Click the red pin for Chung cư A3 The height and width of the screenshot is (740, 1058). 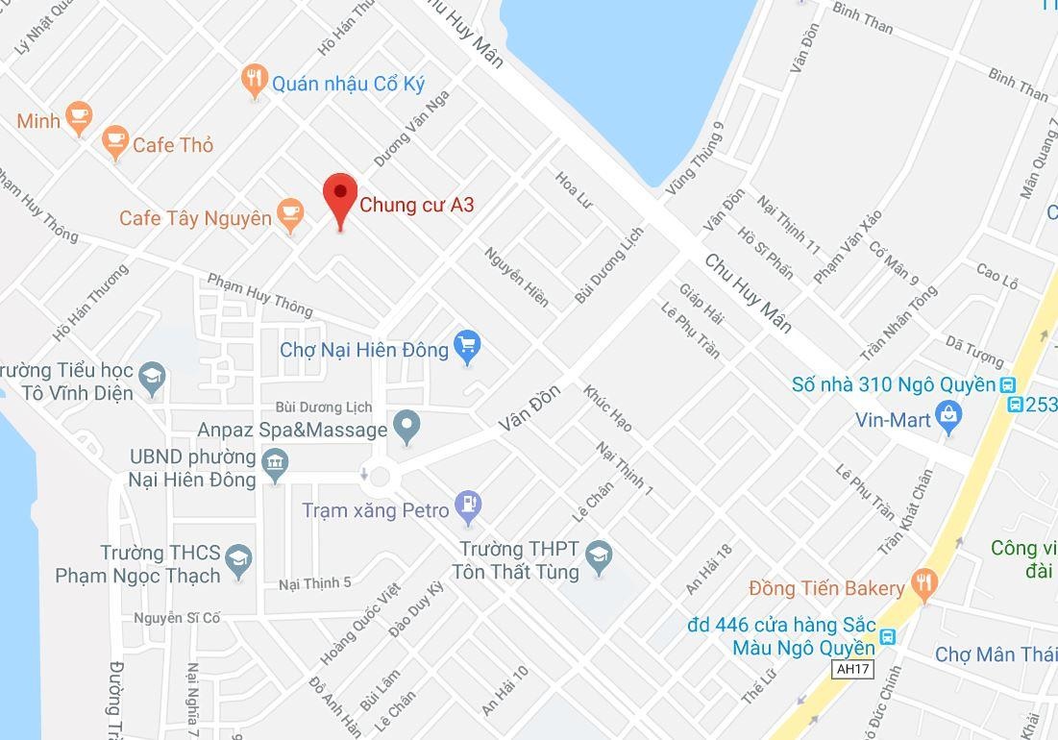(339, 195)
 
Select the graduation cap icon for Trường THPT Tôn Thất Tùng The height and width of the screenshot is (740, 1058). (599, 555)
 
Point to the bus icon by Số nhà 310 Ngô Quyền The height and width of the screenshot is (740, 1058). (1007, 384)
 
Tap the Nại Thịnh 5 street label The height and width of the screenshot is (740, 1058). (315, 583)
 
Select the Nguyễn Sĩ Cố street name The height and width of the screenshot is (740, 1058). (177, 618)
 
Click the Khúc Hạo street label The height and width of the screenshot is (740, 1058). (607, 408)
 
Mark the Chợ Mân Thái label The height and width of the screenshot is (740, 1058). (996, 654)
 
